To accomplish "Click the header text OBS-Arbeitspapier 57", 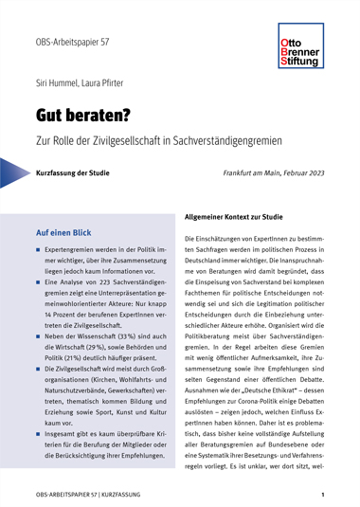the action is tap(69, 44).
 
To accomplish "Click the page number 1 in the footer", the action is tap(323, 495).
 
